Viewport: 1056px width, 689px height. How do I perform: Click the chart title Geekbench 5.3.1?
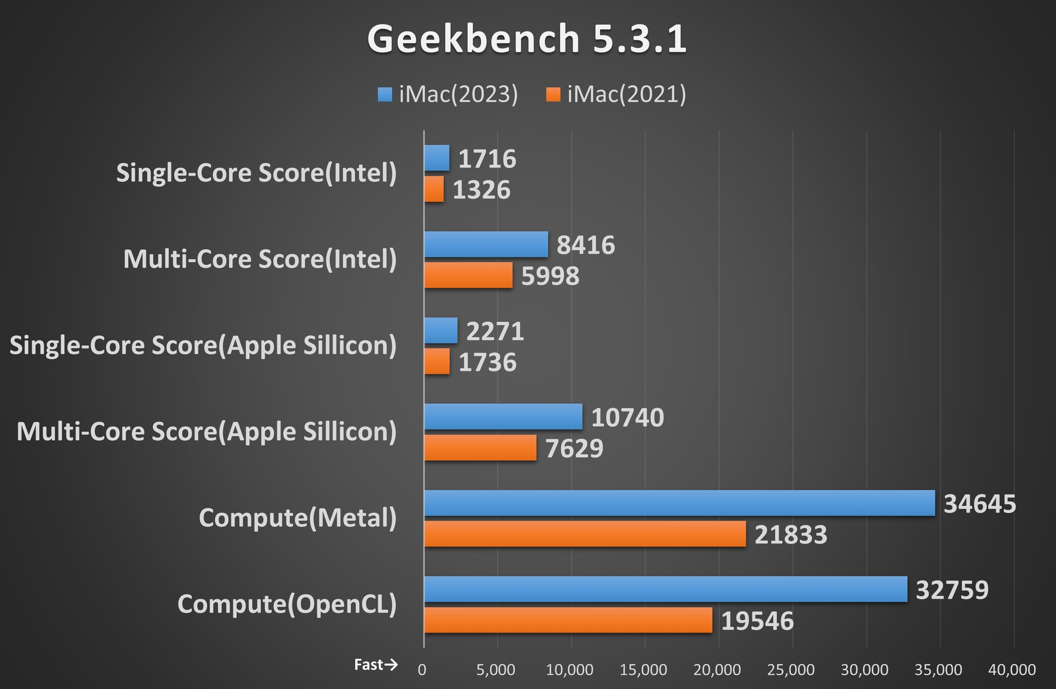(527, 38)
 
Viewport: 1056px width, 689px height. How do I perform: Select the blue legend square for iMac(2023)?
(385, 95)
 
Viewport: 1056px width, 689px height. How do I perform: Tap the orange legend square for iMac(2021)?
(553, 95)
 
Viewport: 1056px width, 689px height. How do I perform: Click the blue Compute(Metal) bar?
(679, 503)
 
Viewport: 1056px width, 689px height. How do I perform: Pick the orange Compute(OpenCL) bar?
(568, 620)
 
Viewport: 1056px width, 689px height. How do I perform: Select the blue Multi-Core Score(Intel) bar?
(486, 244)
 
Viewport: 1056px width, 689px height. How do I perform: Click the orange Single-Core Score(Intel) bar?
(434, 189)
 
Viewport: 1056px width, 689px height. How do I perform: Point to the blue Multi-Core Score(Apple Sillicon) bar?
(503, 416)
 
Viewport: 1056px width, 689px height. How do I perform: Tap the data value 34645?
(980, 504)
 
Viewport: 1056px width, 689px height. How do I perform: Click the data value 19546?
(757, 621)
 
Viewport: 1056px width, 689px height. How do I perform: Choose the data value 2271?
(495, 331)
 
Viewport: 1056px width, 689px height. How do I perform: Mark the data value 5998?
(550, 276)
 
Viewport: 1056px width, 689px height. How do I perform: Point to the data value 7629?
(574, 448)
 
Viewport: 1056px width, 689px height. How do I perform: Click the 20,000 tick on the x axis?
(717, 670)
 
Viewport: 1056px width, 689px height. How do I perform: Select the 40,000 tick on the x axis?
(1012, 670)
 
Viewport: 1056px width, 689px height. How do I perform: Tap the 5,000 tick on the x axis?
(496, 670)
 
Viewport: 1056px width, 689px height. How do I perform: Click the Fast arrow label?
(376, 665)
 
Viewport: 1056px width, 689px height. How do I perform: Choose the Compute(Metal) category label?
(298, 518)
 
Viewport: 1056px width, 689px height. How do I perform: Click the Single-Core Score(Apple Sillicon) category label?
(203, 346)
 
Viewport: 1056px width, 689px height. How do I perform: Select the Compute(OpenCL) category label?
(287, 604)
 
